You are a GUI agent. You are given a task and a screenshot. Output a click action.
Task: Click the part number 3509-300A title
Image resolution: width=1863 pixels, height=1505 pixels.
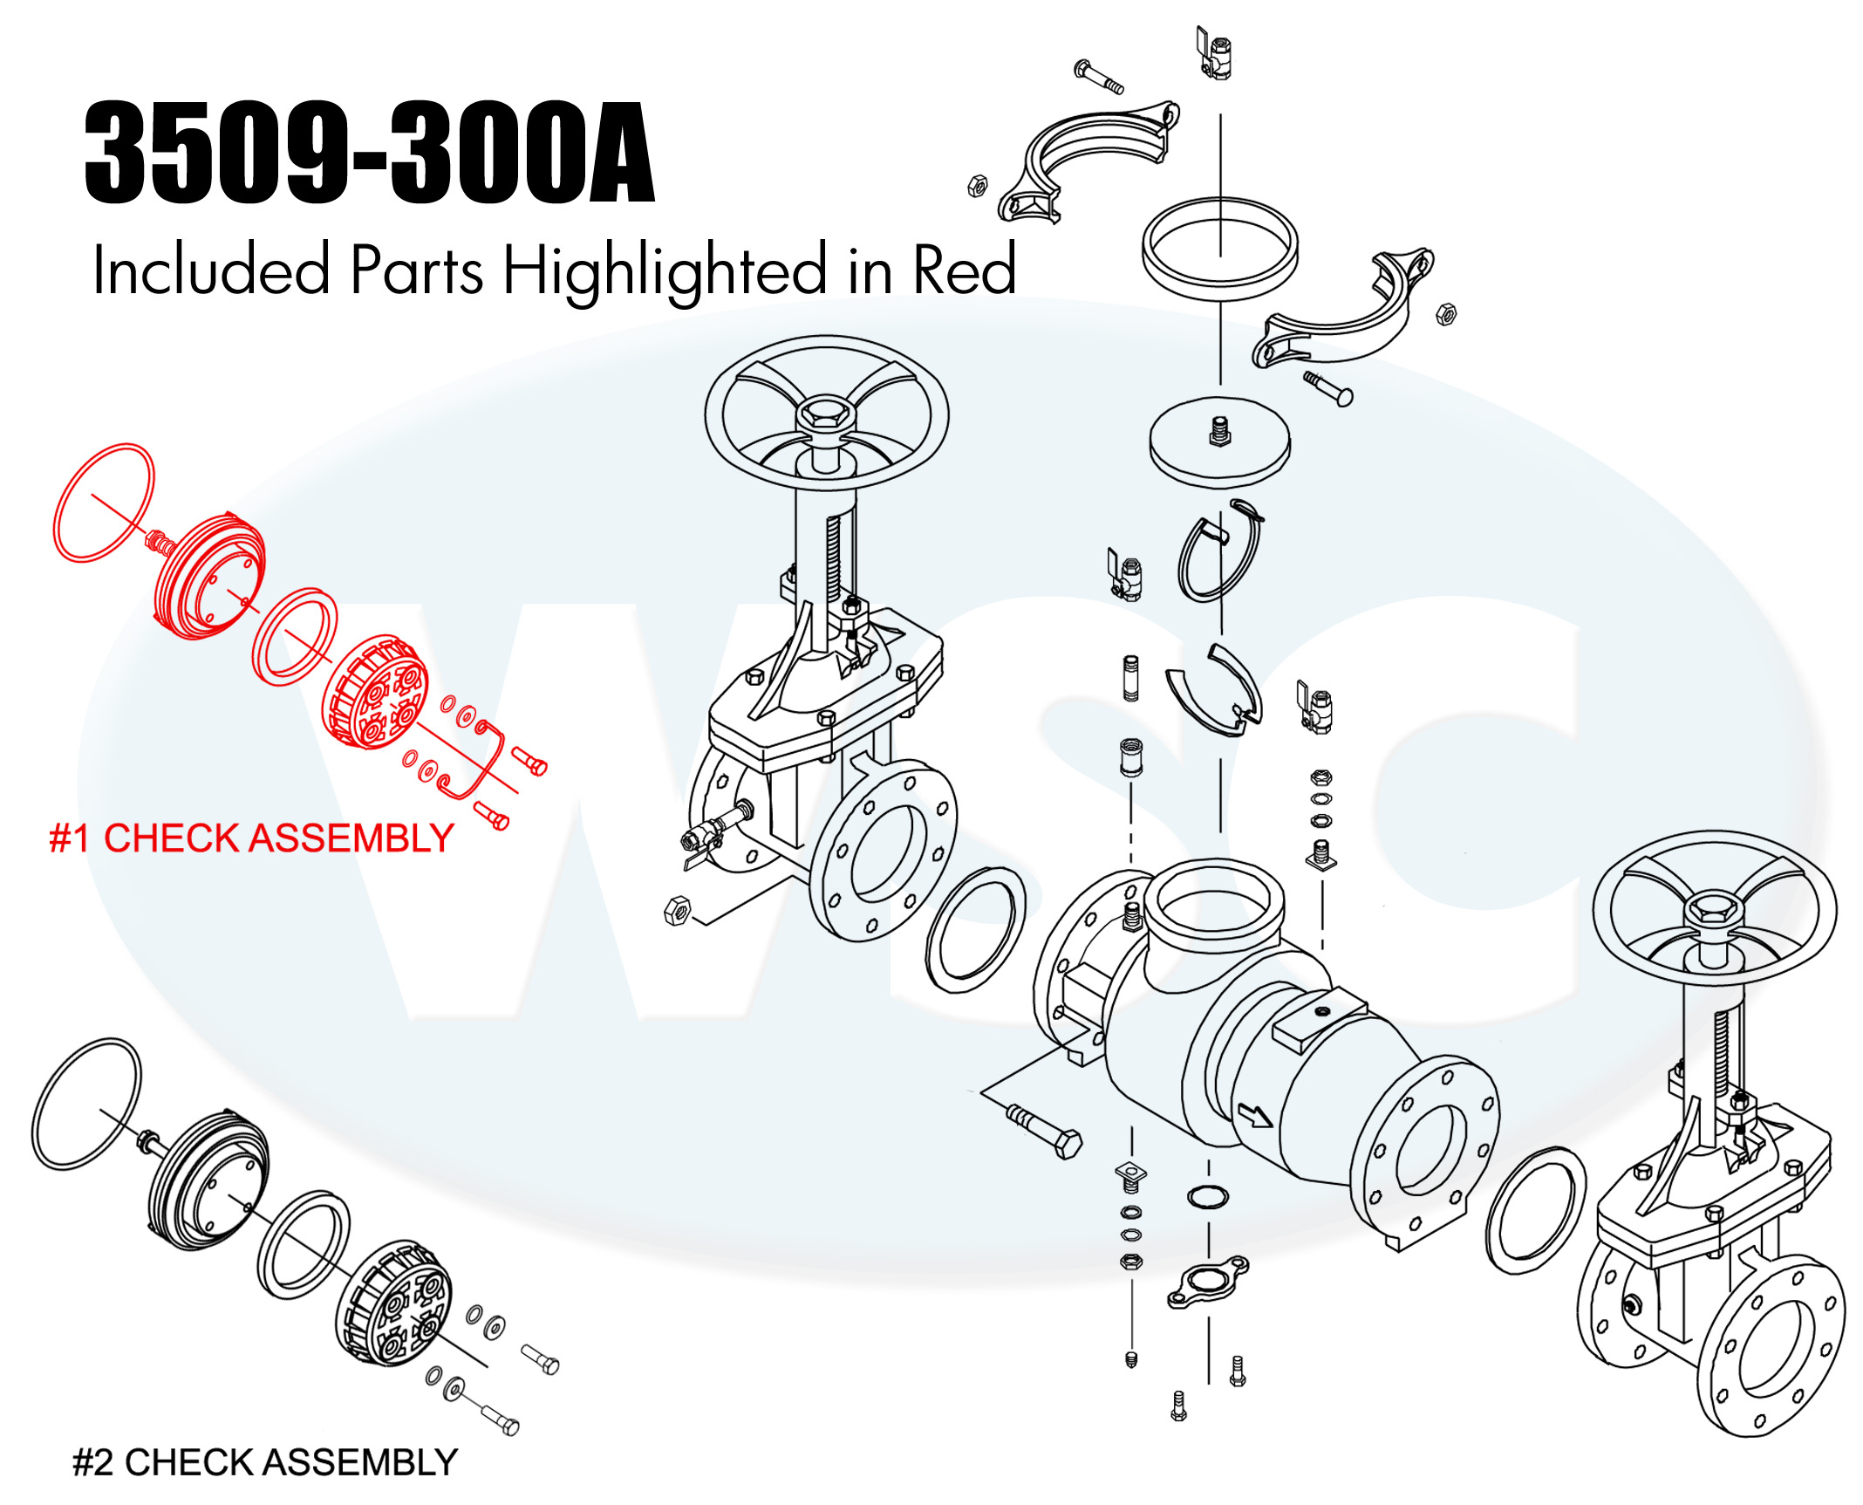[x=369, y=152]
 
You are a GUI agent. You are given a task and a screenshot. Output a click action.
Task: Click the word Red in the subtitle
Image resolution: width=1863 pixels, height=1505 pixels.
[x=964, y=270]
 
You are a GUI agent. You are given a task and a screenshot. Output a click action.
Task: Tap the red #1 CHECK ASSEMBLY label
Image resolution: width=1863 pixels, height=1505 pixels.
[x=251, y=838]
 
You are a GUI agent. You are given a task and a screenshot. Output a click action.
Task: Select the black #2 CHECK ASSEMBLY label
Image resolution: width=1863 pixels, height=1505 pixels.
[x=265, y=1463]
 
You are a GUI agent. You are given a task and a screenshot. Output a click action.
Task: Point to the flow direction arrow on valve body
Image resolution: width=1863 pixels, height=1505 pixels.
[x=1255, y=1115]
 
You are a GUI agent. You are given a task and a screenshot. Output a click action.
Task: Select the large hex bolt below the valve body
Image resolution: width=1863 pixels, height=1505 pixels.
[x=1045, y=1131]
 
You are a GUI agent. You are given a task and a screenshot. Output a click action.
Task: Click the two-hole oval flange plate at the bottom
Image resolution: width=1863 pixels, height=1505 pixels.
[x=1208, y=1283]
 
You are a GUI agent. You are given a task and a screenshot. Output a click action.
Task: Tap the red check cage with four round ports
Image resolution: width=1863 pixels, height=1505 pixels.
[x=375, y=692]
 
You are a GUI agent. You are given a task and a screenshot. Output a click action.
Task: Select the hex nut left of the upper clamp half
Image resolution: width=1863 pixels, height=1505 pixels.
[x=978, y=186]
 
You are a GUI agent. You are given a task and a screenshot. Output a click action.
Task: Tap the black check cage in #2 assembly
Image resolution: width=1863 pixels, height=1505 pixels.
[x=394, y=1303]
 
